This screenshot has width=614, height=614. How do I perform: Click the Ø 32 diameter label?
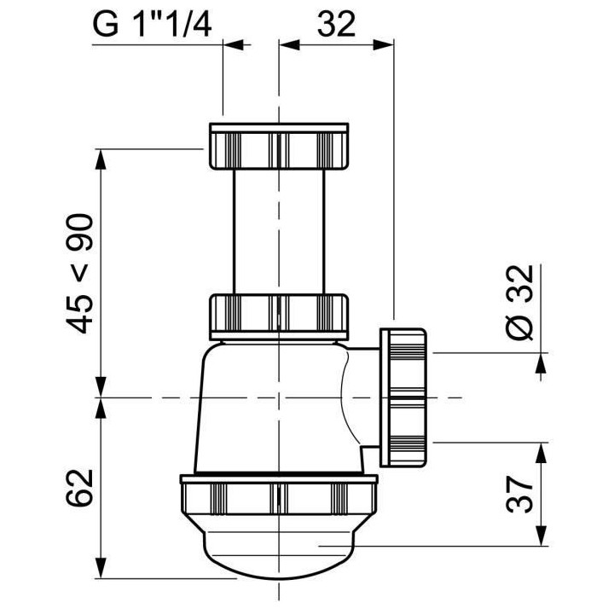coord(519,303)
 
